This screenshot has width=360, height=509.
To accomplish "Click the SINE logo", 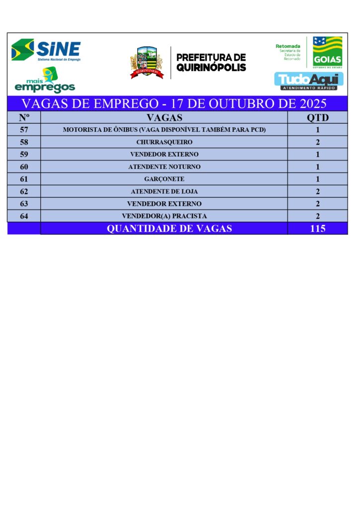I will [x=46, y=50].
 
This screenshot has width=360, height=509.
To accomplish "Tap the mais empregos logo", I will [x=45, y=81].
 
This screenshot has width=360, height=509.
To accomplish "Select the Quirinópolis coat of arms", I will [x=147, y=62].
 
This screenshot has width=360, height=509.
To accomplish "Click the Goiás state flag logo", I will [x=327, y=51].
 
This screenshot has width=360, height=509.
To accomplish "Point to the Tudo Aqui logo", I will [x=309, y=81].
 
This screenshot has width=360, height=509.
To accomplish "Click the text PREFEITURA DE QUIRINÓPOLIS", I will [x=211, y=62].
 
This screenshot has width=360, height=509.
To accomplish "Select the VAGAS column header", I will [x=164, y=118].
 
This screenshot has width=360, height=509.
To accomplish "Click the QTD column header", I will [x=317, y=118].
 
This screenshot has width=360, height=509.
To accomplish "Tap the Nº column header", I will [x=24, y=118].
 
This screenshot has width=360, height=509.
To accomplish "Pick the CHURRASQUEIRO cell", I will [x=164, y=142].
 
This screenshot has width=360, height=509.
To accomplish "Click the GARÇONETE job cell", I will [x=164, y=179].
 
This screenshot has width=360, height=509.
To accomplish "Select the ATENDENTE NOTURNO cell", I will [x=164, y=167].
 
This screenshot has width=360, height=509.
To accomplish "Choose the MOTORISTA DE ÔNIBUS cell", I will [x=164, y=130].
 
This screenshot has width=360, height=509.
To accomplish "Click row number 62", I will [x=24, y=191].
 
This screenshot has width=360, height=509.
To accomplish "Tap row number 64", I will [x=24, y=216].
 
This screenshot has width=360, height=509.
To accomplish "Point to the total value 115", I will [x=317, y=229].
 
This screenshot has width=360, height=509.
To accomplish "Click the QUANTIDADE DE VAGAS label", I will [x=169, y=229].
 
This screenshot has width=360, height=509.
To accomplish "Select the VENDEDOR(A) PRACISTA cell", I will [x=164, y=216].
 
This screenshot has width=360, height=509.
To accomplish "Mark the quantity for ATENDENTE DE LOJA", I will [x=317, y=191].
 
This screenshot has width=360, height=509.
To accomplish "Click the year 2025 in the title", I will [x=310, y=104].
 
